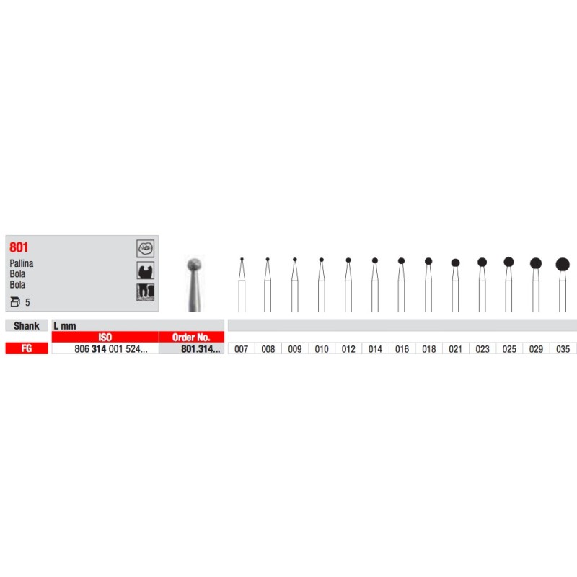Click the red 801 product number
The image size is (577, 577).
tap(19, 247)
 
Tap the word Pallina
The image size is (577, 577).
tap(22, 263)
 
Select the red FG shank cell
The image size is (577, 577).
tap(27, 348)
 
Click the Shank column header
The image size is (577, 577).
tap(27, 326)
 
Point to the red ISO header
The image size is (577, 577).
tap(105, 337)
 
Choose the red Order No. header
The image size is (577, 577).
tap(191, 337)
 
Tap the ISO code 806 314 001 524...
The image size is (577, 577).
tap(111, 349)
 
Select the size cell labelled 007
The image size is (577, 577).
tap(242, 349)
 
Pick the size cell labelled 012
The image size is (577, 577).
tap(348, 349)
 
